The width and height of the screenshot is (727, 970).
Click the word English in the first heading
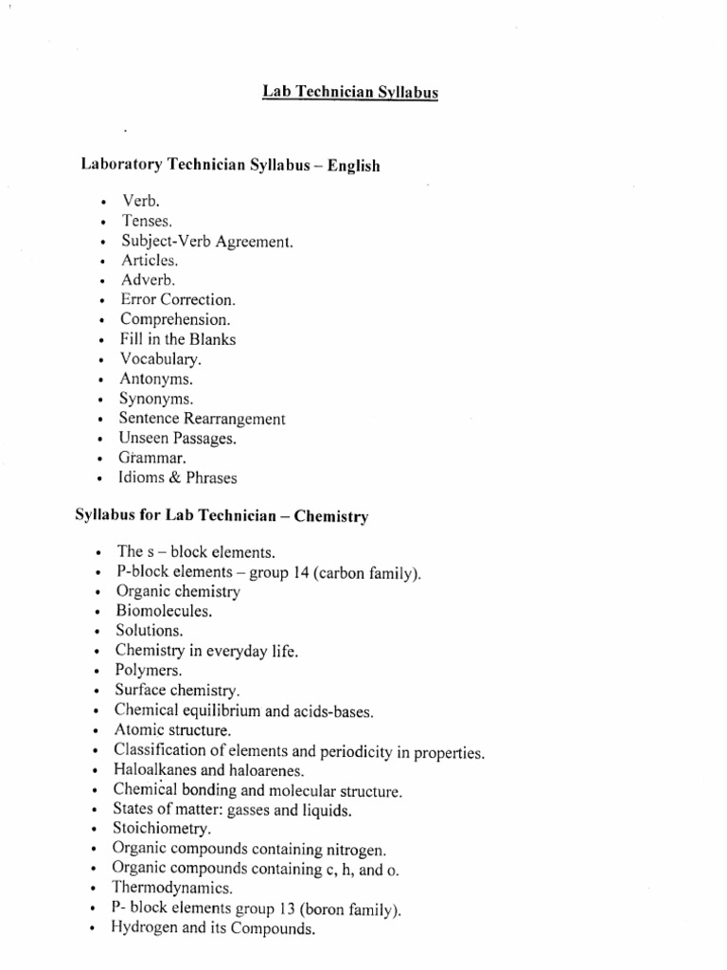(x=353, y=166)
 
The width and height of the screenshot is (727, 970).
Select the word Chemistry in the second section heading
(x=331, y=516)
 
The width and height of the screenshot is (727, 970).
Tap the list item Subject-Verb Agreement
(x=207, y=242)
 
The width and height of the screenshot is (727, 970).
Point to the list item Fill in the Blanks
(x=177, y=339)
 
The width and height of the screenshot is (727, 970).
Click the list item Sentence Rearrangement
(x=202, y=419)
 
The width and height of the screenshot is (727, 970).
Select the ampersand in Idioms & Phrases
(x=168, y=477)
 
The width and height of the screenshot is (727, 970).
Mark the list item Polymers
(x=148, y=670)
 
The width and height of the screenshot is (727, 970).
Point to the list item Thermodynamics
(x=171, y=889)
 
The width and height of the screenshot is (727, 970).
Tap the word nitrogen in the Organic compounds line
(x=358, y=849)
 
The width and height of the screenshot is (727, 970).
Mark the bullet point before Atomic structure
(x=98, y=731)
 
